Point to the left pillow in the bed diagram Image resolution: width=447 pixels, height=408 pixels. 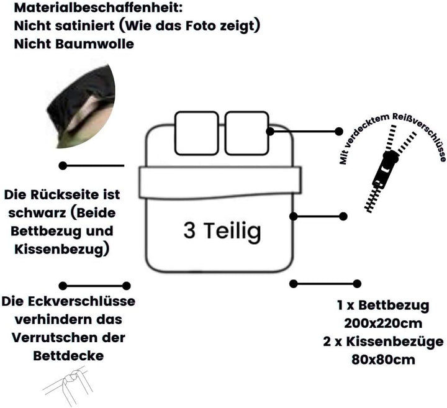pyautogui.click(x=197, y=133)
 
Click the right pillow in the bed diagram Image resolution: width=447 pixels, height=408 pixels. pyautogui.click(x=247, y=133)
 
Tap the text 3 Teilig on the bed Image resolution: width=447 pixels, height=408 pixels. pyautogui.click(x=222, y=231)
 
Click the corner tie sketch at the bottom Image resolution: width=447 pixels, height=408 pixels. pyautogui.click(x=67, y=384)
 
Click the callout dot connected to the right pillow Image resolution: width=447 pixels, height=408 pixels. pyautogui.click(x=339, y=131)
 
